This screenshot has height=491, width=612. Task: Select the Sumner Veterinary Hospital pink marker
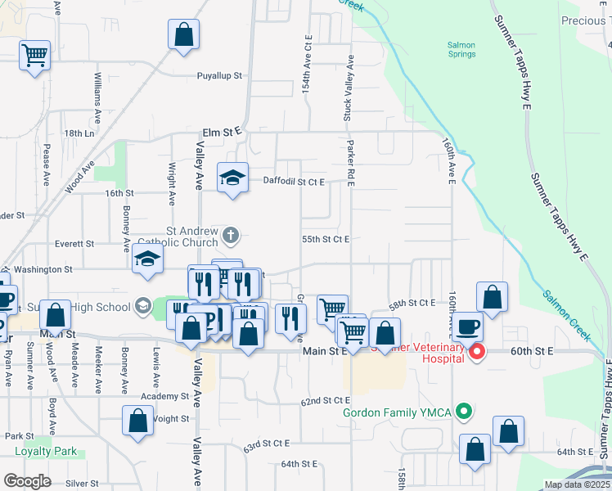click(479, 353)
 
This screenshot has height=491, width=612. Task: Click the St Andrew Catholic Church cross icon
click(231, 236)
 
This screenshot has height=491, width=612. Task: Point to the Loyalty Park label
click(46, 451)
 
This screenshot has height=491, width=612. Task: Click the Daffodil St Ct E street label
click(294, 181)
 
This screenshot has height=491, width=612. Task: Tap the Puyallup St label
click(220, 75)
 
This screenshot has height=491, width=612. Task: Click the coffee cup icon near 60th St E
click(469, 327)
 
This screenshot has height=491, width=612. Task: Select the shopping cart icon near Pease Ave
click(34, 56)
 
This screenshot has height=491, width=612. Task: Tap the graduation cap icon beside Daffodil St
click(232, 177)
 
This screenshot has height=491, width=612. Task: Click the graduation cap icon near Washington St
click(148, 259)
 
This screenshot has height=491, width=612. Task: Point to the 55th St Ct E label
click(326, 239)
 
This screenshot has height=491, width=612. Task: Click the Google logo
click(27, 480)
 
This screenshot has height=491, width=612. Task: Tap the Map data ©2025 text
click(576, 484)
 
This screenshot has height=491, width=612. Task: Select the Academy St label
click(164, 396)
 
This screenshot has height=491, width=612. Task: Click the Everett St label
click(74, 244)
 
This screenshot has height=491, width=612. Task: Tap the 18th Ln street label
click(79, 133)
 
